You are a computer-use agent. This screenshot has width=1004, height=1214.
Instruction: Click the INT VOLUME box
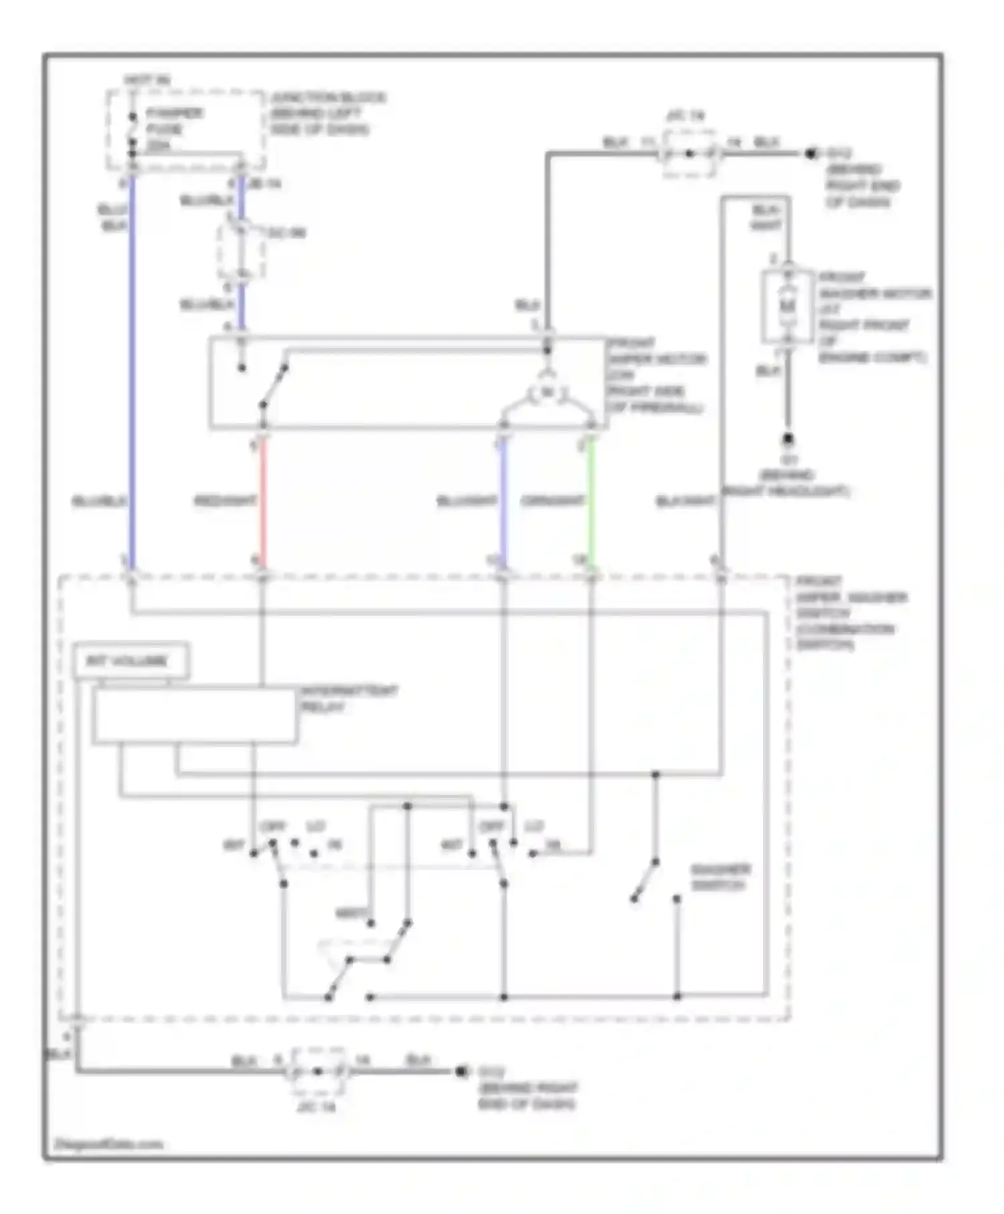[131, 661]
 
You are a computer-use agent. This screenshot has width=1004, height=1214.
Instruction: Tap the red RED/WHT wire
[263, 502]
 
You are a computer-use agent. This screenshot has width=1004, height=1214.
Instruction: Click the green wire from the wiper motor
[590, 502]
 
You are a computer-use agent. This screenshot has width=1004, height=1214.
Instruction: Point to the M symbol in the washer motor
[788, 307]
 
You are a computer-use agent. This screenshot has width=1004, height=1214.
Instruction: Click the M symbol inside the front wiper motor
[548, 393]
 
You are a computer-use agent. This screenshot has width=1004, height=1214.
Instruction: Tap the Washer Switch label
[720, 877]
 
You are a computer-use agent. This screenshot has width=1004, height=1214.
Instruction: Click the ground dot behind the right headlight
[788, 440]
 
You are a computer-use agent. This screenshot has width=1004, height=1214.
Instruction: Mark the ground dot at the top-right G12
[811, 154]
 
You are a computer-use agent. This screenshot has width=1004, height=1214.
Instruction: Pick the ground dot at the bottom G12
[461, 1071]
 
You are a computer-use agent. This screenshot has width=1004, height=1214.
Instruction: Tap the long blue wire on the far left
[132, 368]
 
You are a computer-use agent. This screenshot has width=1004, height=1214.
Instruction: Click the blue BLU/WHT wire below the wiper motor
[503, 502]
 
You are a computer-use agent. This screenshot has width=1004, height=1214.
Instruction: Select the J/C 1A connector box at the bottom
[319, 1071]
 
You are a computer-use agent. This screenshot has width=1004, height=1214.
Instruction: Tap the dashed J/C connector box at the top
[689, 154]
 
